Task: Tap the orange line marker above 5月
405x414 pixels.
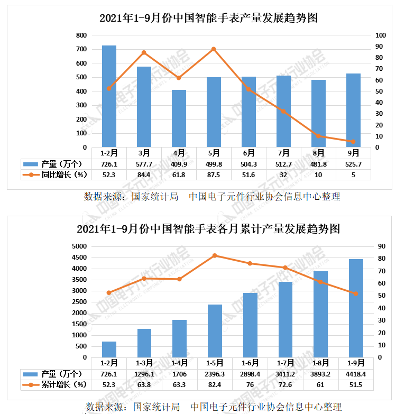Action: coord(214,49)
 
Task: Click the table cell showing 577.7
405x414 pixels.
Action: coord(144,164)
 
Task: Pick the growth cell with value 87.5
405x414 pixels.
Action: coord(214,174)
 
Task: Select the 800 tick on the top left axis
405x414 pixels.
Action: coord(81,35)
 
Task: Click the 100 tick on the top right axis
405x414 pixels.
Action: coord(381,35)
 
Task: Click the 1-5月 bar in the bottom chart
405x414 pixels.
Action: coord(215,331)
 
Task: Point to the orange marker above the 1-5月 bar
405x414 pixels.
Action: coord(215,255)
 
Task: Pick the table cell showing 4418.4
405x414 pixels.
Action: coord(356,374)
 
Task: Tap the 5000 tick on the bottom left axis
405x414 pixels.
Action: coord(79,246)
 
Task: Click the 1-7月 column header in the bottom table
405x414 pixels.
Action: coord(285,363)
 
